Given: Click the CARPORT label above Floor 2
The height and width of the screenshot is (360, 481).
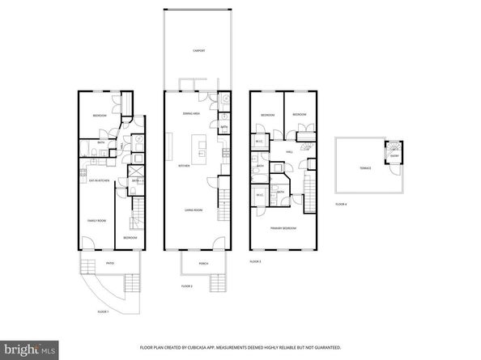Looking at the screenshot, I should (x=198, y=51).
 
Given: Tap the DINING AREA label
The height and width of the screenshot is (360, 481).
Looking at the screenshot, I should (x=191, y=115).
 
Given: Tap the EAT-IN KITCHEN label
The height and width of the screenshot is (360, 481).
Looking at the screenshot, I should (x=100, y=182).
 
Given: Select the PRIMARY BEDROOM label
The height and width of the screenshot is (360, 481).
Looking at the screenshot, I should (x=283, y=229).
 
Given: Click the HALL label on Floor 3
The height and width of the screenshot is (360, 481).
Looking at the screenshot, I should (x=288, y=151).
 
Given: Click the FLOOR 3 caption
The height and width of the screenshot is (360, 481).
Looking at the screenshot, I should (x=255, y=262).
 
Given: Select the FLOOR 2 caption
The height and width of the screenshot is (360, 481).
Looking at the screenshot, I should (x=187, y=286).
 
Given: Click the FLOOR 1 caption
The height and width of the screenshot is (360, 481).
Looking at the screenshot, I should (x=103, y=311).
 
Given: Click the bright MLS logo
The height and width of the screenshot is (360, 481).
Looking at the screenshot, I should (x=30, y=349).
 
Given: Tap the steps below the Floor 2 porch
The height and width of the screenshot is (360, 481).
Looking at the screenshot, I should (x=216, y=282).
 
